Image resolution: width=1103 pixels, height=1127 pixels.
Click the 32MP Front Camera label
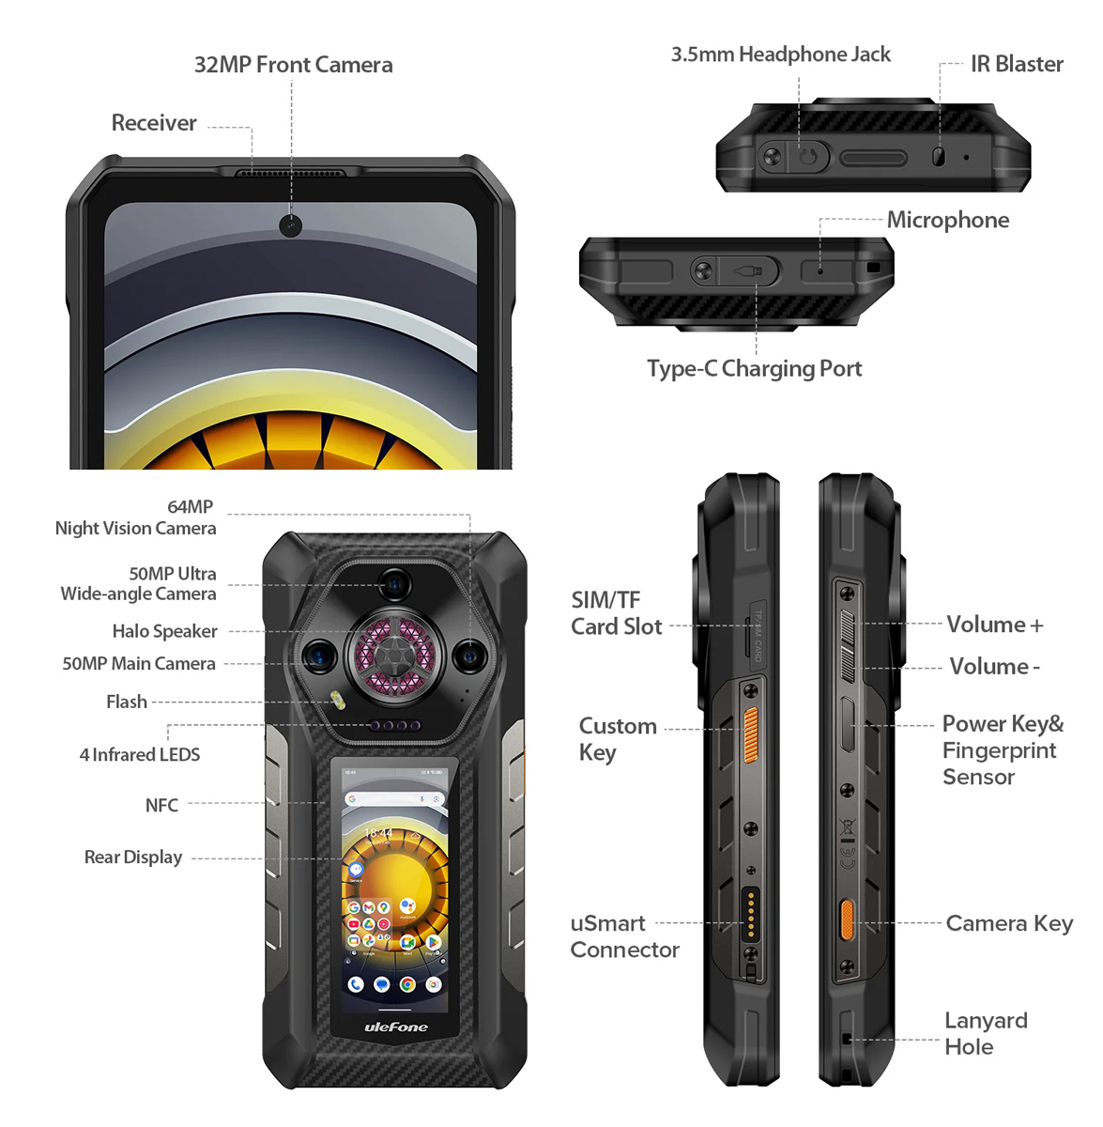(293, 65)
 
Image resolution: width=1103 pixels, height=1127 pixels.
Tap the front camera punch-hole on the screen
(291, 225)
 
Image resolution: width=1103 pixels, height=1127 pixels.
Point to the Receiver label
(154, 123)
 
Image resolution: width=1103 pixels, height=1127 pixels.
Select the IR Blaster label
(1017, 64)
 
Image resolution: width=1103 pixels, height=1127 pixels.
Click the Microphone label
(948, 220)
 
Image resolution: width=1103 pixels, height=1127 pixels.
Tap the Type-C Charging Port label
(754, 368)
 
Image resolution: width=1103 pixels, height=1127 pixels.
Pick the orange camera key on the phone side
(847, 919)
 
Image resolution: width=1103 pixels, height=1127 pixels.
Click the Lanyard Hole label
(985, 1033)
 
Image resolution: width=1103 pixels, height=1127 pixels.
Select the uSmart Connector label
(624, 936)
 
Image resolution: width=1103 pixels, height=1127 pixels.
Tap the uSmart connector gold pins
(751, 913)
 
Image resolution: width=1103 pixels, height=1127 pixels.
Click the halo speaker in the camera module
(393, 655)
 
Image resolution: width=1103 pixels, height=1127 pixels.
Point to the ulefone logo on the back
(395, 1027)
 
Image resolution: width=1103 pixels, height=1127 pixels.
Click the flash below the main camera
(336, 701)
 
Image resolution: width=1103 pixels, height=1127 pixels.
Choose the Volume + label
(994, 625)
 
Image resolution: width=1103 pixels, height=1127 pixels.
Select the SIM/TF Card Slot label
(616, 613)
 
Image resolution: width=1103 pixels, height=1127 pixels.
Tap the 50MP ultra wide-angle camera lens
(395, 585)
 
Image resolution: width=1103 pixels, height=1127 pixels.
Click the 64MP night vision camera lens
(468, 656)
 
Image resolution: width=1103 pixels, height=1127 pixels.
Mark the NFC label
(161, 805)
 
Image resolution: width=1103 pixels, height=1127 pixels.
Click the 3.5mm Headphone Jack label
(780, 54)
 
